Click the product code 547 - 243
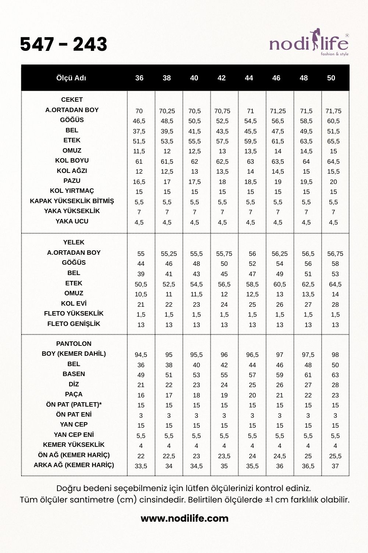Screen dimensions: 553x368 63,44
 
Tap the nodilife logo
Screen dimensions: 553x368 309,44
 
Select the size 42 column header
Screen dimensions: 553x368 222,78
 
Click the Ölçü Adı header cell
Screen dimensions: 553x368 71,78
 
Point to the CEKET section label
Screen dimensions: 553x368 72,100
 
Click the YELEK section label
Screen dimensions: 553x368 74,242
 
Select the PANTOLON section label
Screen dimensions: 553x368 74,344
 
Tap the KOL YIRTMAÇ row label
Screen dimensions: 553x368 72,191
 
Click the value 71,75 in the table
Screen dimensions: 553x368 333,111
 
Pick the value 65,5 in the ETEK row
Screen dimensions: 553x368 333,141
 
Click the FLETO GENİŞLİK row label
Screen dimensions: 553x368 74,324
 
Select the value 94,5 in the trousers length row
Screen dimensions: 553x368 141,355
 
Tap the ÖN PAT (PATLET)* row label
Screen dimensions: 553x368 74,404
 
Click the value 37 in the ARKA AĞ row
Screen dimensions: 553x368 335,466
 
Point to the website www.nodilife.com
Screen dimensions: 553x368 184,518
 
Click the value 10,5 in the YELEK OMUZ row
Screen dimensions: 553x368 141,294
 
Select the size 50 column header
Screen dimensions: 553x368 331,78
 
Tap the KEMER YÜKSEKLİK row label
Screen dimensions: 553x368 74,445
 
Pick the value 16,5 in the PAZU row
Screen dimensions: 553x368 139,182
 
